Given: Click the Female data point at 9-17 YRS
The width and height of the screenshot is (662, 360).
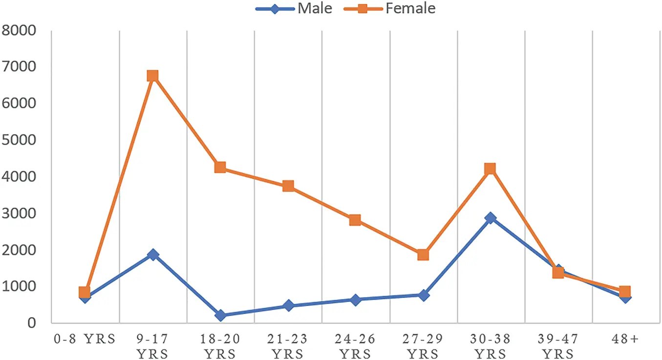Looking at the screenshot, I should click(152, 76).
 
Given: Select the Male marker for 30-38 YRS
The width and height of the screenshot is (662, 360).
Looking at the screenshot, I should click(491, 218).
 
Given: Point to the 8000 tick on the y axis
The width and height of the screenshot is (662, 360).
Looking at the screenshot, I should click(19, 30).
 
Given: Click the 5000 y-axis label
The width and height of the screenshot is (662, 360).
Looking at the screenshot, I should click(19, 140).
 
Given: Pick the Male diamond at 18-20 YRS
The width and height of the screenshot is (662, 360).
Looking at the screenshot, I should click(220, 316).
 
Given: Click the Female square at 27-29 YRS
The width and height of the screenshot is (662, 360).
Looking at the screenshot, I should click(423, 254).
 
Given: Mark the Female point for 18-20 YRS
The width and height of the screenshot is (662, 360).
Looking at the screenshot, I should click(220, 168).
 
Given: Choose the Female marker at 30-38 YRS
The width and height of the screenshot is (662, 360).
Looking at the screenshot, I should click(491, 169).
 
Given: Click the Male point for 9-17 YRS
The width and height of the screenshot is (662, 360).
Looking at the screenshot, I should click(152, 254).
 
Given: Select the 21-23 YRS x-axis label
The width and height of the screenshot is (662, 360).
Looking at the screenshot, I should click(288, 346).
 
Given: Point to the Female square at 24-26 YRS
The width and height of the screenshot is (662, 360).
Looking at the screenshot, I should click(355, 220).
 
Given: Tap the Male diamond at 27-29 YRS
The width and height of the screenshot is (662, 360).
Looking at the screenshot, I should click(423, 295).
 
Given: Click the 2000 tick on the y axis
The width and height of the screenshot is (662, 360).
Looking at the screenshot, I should click(19, 250).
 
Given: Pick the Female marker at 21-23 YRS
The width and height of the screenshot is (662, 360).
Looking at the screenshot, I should click(288, 186).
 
